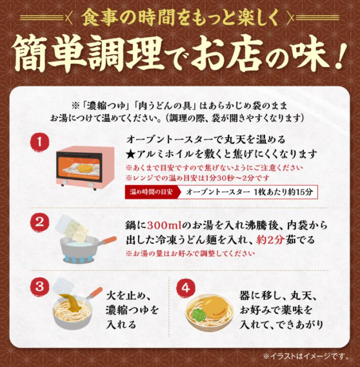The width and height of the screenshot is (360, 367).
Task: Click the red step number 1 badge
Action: coord(39,143)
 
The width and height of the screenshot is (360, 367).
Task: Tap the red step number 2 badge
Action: coord(39,223)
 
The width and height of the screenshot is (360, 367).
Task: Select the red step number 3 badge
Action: coord(39,286)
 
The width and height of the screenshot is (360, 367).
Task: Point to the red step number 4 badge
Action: coord(186,288)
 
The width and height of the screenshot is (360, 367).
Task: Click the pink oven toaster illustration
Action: coord(85,166)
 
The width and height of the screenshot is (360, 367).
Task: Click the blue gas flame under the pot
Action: coord(78,259)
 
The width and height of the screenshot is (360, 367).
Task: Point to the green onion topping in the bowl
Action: coord(198,314)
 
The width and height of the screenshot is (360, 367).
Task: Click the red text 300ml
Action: coord(165,226)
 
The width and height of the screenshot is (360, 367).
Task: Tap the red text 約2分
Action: coord(270,240)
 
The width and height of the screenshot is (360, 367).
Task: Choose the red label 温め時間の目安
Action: coord(152,192)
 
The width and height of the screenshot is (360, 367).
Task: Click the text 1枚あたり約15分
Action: coord(284,192)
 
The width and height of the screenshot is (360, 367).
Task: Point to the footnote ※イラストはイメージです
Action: coord(306,357)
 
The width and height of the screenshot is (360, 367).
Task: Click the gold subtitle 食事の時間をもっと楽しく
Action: coord(180,18)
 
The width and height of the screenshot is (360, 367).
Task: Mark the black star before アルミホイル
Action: coord(130,154)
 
